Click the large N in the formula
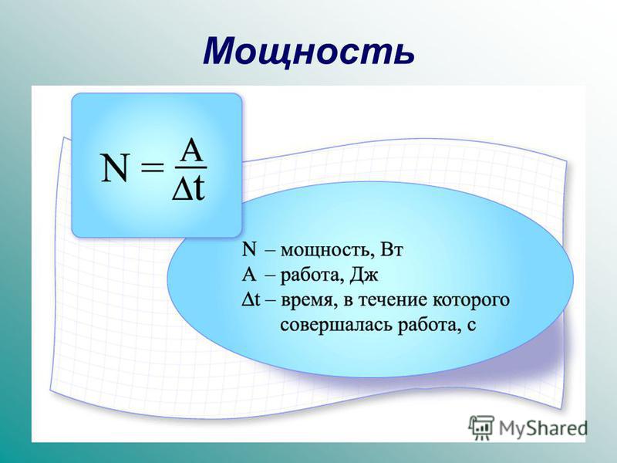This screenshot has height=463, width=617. [x=115, y=168]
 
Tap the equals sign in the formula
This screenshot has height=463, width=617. [x=152, y=167]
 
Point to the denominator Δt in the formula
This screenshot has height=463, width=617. [x=189, y=188]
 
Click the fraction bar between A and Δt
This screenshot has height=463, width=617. [x=190, y=167]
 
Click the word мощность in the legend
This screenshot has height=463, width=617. [x=326, y=250]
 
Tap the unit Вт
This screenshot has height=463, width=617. [x=392, y=250]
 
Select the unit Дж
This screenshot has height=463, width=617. [x=364, y=275]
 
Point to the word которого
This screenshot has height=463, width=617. [x=471, y=301]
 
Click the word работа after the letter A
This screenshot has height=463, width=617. [x=310, y=275]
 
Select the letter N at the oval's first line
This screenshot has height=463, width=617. [x=249, y=249]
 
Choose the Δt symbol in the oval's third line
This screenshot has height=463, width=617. [x=251, y=300]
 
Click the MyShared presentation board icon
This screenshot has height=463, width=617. [x=481, y=428]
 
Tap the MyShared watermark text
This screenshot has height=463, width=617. [x=543, y=428]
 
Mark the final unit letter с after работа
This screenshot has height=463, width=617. [x=471, y=327]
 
